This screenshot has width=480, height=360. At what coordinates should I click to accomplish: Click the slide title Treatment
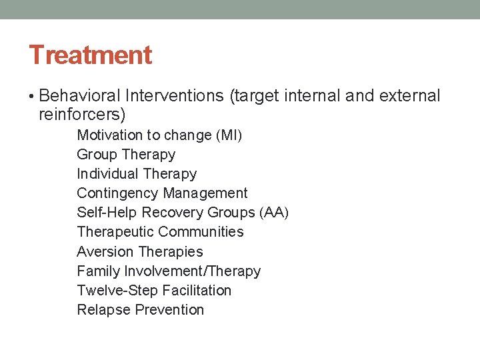click(x=90, y=55)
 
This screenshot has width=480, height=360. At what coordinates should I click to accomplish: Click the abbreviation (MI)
click(x=229, y=135)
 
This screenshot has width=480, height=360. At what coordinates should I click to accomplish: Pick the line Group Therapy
click(x=126, y=155)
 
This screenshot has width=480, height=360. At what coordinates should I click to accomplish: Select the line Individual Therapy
click(x=137, y=174)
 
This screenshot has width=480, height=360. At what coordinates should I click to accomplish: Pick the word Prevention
click(x=169, y=310)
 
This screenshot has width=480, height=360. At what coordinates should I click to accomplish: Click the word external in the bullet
click(x=409, y=96)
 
